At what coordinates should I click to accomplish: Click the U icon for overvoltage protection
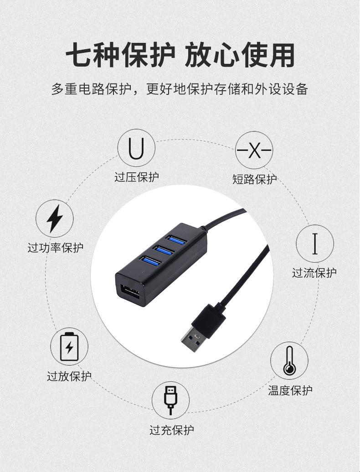pos(136,149)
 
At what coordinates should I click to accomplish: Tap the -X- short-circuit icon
pos(254,150)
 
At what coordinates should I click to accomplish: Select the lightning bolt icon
pos(54,218)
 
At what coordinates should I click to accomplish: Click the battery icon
pos(69,347)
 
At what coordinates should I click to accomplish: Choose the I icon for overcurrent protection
pos(315,243)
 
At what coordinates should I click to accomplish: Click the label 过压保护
pos(136,176)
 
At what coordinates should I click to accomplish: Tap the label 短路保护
pos(254,179)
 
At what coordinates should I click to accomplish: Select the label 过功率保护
pos(56,248)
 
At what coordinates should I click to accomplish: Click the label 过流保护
pos(314,273)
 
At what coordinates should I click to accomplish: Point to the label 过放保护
pos(69,376)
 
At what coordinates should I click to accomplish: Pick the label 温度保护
pos(290,390)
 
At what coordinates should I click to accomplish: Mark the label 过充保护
pos(171,430)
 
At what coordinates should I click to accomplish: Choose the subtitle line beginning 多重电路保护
pos(180,88)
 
